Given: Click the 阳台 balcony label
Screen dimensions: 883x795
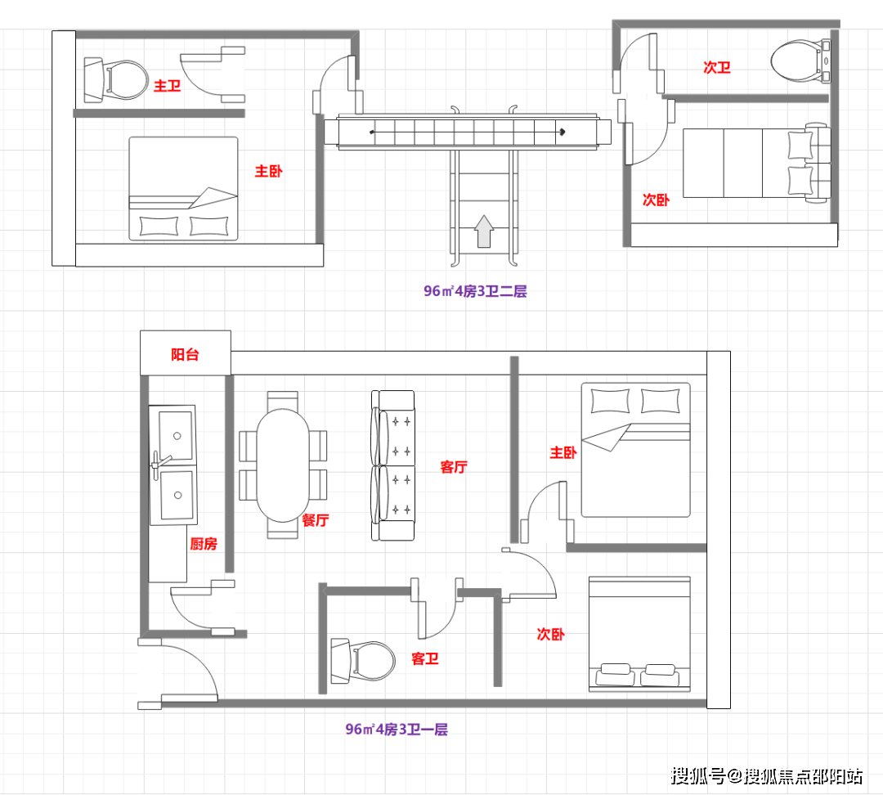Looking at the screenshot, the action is click(185, 354).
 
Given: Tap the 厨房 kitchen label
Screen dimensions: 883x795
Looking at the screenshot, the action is click(204, 544).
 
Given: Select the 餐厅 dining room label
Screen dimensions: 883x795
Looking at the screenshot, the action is click(316, 520).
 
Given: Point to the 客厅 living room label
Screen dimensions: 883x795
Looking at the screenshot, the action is click(454, 466).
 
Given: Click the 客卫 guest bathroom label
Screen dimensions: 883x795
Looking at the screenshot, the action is click(425, 658).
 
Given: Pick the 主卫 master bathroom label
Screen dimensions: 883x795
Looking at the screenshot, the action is click(168, 86).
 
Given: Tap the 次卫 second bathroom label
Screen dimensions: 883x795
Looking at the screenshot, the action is click(717, 68).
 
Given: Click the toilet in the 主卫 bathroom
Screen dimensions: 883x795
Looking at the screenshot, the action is click(116, 80).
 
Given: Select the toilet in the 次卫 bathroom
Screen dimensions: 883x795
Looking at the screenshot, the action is click(800, 61).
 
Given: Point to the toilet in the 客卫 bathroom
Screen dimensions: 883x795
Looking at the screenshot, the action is click(363, 661).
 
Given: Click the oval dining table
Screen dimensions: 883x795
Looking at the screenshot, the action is click(283, 465).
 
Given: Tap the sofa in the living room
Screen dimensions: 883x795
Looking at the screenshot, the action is click(393, 465).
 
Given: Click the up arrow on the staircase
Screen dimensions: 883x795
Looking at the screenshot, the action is click(484, 231).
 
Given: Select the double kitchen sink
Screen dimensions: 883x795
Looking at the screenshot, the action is click(173, 465).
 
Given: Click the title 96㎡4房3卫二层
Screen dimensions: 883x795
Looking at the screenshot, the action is click(475, 290).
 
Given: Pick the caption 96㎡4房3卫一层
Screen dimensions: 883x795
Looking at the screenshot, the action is click(397, 729).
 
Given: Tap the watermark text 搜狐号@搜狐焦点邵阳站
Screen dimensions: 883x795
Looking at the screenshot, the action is click(766, 776).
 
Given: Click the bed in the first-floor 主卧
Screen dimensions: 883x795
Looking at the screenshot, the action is click(636, 450).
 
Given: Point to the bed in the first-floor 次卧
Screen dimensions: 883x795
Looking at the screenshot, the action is click(639, 634).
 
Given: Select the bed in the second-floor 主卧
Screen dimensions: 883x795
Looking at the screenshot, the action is click(184, 189).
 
